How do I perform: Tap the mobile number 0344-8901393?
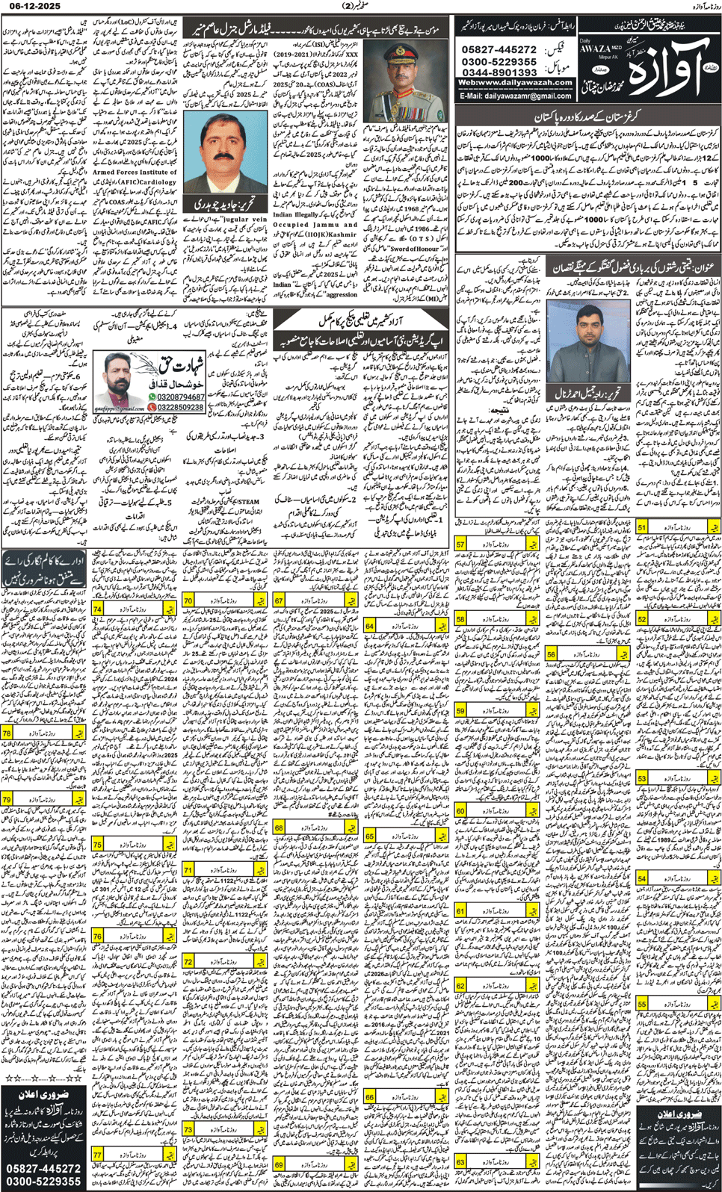click(499, 72)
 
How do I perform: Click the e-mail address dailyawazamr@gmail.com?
click(515, 96)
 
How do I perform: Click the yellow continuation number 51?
click(641, 527)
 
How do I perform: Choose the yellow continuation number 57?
click(460, 544)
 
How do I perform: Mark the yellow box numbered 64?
click(369, 625)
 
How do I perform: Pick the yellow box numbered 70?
click(188, 600)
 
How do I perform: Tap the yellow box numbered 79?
click(7, 799)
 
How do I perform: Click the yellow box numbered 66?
click(369, 1097)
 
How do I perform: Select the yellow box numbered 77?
click(98, 1155)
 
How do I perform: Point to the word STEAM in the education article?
click(248, 502)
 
